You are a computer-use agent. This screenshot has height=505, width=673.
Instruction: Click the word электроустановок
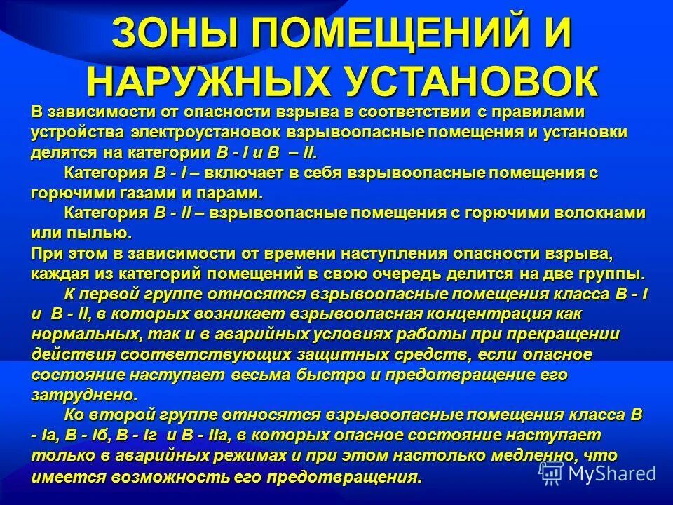pyautogui.click(x=217, y=132)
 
